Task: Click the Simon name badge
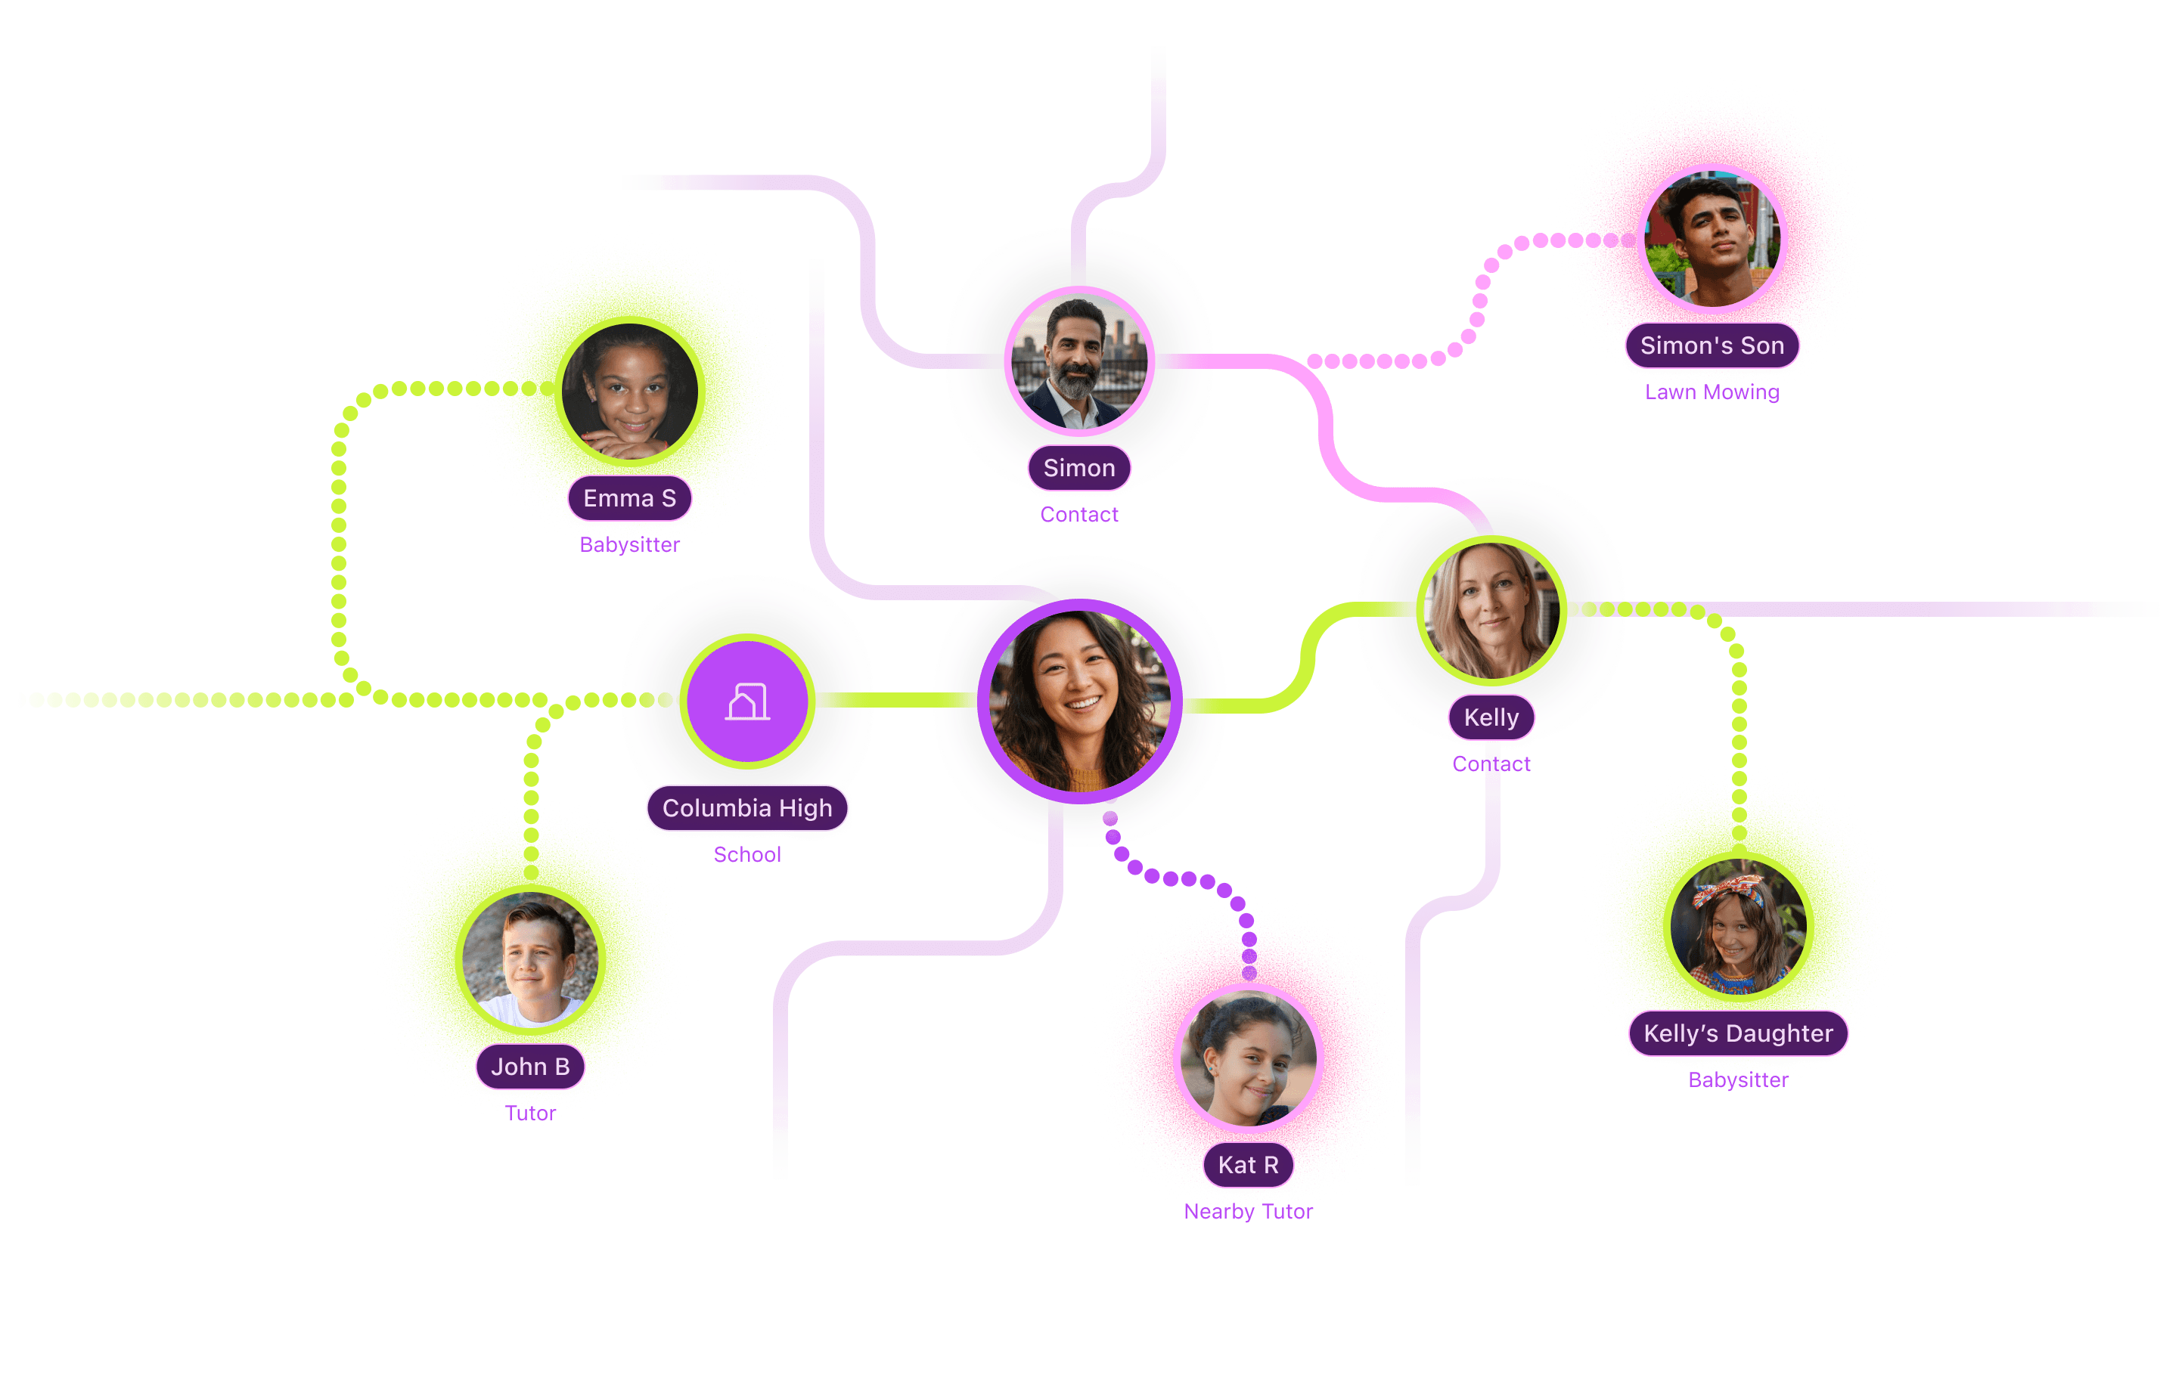(1079, 468)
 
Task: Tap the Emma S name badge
(629, 498)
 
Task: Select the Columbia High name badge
(747, 807)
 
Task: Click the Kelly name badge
(1491, 717)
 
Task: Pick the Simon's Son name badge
(1712, 345)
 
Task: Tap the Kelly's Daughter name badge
(1738, 1033)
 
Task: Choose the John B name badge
(531, 1066)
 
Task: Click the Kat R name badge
(1248, 1165)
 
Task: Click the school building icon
(747, 702)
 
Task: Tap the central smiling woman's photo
(1079, 701)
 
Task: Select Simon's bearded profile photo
(1079, 362)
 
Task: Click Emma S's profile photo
(630, 391)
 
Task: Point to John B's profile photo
(531, 959)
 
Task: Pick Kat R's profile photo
(1248, 1058)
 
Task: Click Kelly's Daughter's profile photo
(1738, 926)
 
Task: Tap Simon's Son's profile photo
(1712, 239)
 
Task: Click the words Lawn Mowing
(1712, 393)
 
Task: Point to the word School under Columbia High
(747, 855)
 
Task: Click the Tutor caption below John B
(531, 1114)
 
